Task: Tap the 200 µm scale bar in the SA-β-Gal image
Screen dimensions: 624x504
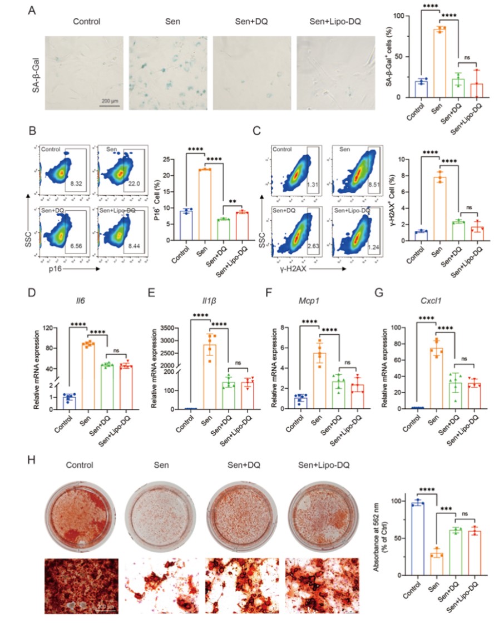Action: coord(110,102)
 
